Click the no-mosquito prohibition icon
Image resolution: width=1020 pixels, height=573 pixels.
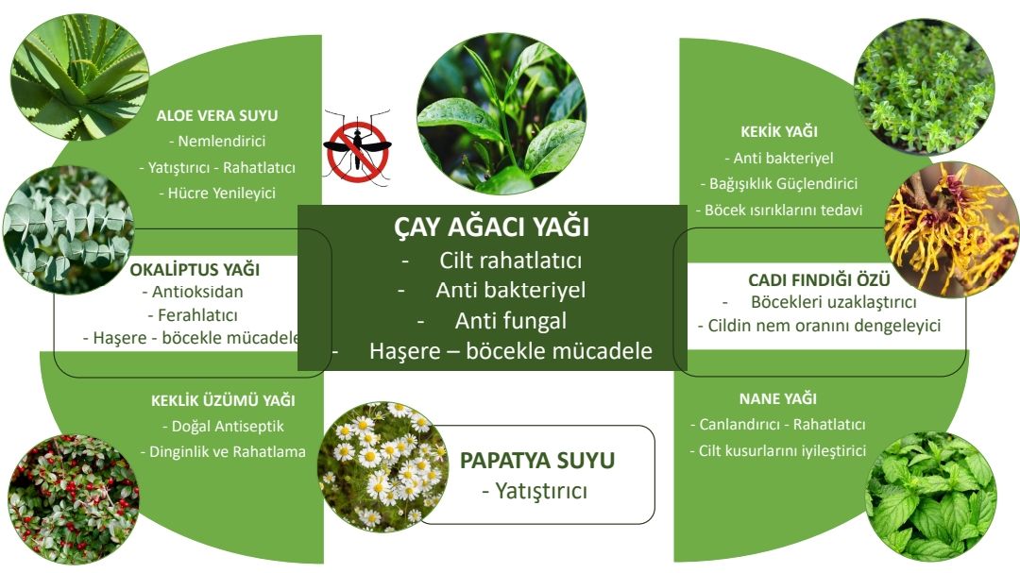tap(357, 148)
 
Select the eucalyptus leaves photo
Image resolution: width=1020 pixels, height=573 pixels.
tap(68, 229)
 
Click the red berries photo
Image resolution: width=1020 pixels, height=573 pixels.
tap(73, 498)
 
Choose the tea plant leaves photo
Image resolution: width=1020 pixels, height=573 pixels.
tap(501, 114)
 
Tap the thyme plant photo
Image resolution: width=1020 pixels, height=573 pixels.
tap(924, 87)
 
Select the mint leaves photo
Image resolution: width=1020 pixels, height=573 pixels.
tap(931, 497)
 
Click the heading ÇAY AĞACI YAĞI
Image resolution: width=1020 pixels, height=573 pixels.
tap(492, 227)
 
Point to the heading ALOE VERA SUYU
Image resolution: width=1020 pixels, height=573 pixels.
tap(217, 116)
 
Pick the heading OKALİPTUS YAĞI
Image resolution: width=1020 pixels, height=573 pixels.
tap(195, 270)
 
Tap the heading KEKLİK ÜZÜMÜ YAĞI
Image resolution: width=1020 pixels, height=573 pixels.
tap(223, 400)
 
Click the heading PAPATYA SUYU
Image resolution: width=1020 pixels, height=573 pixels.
tap(537, 461)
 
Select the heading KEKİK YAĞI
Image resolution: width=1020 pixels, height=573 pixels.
tap(779, 131)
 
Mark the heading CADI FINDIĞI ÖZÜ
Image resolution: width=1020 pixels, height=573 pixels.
tap(819, 279)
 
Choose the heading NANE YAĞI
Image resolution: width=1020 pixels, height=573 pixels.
tap(778, 398)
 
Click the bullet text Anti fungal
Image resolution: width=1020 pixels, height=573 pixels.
tap(511, 321)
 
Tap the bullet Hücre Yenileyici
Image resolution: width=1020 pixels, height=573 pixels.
tap(217, 194)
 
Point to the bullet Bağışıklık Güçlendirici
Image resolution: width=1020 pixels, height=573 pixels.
tap(778, 183)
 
